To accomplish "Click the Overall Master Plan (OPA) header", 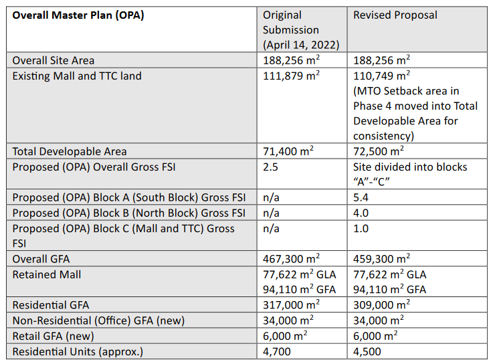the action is click(78, 15).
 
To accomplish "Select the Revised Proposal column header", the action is click(395, 15).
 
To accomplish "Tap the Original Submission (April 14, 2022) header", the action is click(301, 30).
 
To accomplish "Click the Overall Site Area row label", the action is click(53, 60).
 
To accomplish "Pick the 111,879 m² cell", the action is click(291, 76).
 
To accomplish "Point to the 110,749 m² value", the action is click(381, 76).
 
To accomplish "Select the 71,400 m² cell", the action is click(288, 151).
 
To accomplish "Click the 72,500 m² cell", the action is click(378, 151).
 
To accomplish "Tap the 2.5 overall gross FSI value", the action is click(270, 167).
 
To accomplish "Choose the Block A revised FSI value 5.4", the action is click(361, 197).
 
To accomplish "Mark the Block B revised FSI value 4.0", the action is click(361, 213).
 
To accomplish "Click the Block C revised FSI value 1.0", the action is click(361, 228).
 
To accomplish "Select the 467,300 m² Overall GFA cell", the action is click(291, 258).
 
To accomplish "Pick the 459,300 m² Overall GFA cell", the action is click(381, 258).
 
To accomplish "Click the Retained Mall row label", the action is click(47, 274).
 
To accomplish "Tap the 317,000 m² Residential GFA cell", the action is click(291, 304).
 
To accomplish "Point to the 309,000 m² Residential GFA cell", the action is click(381, 304).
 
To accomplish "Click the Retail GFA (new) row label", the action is click(53, 336).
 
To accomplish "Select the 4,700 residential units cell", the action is click(277, 351).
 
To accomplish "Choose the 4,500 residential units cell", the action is click(367, 351).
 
